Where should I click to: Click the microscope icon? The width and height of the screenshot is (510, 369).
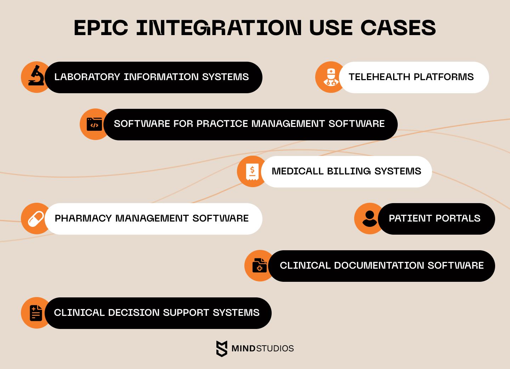click(36, 76)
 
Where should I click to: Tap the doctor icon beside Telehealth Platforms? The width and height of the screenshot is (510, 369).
click(331, 77)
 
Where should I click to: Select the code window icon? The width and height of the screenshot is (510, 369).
click(94, 124)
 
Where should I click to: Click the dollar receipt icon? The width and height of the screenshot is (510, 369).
click(252, 172)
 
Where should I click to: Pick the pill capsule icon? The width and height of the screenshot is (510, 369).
click(36, 219)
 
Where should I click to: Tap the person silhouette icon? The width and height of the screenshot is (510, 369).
click(369, 219)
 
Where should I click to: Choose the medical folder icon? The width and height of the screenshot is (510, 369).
click(260, 265)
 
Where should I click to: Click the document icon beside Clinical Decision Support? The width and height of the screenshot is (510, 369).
click(36, 313)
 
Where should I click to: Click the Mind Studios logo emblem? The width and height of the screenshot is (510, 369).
click(222, 349)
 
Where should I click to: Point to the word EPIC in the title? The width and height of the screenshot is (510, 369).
click(101, 28)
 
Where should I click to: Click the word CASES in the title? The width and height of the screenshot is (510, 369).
click(398, 28)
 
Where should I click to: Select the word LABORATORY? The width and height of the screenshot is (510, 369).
click(87, 77)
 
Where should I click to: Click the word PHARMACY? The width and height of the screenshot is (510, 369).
click(83, 218)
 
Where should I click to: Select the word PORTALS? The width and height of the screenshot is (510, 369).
click(458, 218)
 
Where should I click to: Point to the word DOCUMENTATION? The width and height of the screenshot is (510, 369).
click(379, 265)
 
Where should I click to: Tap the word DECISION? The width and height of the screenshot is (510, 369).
click(134, 313)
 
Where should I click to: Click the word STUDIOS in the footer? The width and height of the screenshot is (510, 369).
click(275, 348)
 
